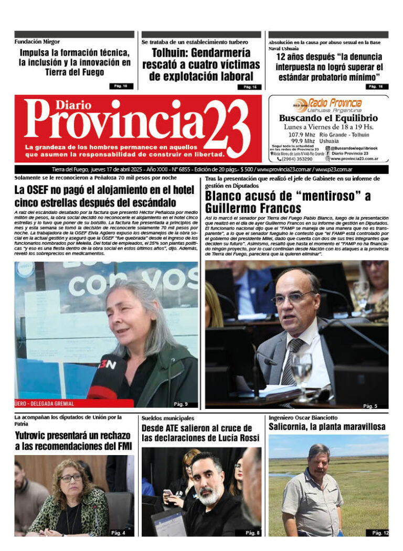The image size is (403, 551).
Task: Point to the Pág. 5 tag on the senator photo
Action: [x=370, y=406]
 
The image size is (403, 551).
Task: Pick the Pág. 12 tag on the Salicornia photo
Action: [x=380, y=533]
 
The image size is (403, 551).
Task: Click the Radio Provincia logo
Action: [x=328, y=104]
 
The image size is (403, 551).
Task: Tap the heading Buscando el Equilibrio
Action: [x=328, y=118]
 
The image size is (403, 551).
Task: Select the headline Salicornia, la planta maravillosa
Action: [x=327, y=427]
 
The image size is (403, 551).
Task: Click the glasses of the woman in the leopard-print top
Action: [x=71, y=478]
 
